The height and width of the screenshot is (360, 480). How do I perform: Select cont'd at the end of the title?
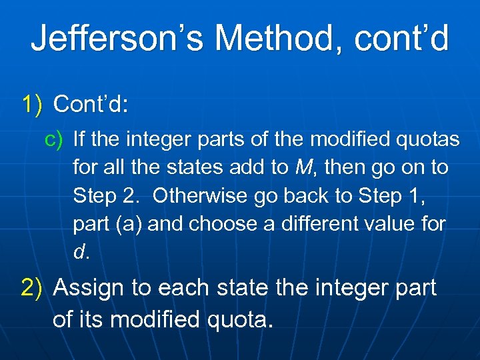tap(403, 38)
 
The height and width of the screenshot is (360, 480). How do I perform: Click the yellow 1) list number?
tap(32, 104)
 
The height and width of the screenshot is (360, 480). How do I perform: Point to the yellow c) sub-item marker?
tap(53, 139)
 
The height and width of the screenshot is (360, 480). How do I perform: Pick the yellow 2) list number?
tap(32, 288)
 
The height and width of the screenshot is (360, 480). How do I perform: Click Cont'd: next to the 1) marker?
tap(91, 104)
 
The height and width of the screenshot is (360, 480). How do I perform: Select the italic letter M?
tap(302, 168)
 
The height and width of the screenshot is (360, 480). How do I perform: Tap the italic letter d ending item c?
tap(79, 253)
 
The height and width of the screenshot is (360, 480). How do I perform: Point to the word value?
tap(403, 225)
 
